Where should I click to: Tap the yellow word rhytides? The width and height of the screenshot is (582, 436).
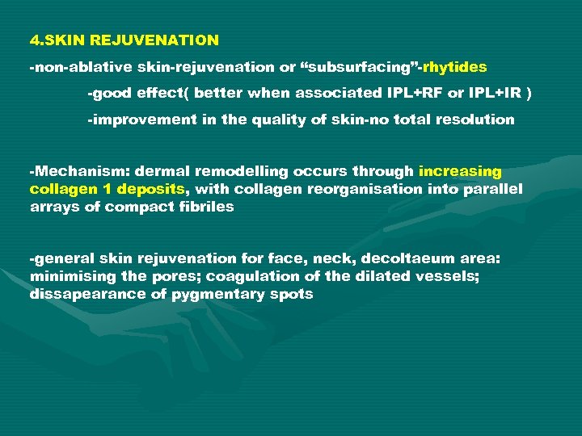pos(454,66)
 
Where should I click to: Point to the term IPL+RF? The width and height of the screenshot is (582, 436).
pos(416,93)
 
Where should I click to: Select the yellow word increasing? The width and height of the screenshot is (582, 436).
pos(460,171)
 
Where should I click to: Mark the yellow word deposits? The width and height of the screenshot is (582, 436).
pos(154,189)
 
